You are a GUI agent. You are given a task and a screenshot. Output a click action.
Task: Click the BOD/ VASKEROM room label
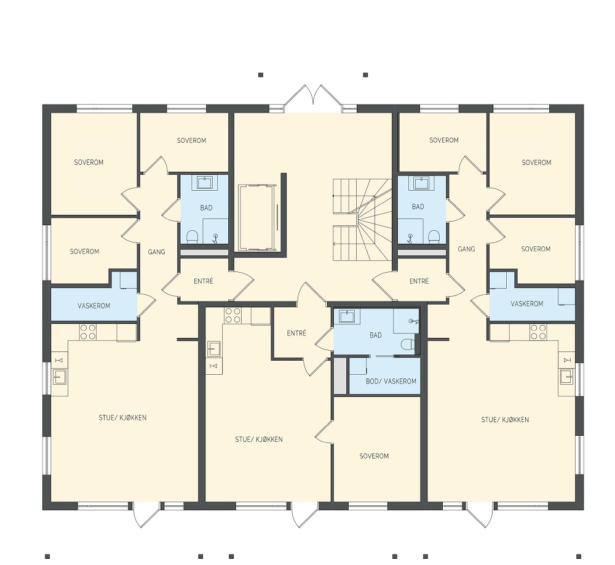pyautogui.click(x=391, y=381)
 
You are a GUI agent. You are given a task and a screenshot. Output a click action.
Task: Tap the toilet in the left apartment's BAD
pyautogui.click(x=192, y=237)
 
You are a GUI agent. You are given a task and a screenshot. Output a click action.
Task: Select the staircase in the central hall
pyautogui.click(x=362, y=220)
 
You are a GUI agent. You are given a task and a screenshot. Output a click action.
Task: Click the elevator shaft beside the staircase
pyautogui.click(x=256, y=217)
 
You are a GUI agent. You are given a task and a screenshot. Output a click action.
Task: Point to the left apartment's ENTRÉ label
pyautogui.click(x=203, y=281)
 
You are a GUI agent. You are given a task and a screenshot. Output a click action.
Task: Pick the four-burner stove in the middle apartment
pyautogui.click(x=232, y=315)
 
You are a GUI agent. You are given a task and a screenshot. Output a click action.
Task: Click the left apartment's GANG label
pyautogui.click(x=156, y=252)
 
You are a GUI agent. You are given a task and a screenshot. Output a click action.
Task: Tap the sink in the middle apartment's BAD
pyautogui.click(x=347, y=316)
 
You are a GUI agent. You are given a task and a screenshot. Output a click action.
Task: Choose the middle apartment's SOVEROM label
pyautogui.click(x=374, y=456)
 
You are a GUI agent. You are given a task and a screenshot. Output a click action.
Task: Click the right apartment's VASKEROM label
pyautogui.click(x=527, y=303)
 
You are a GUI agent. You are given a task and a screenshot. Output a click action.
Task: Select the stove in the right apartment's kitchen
pyautogui.click(x=538, y=332)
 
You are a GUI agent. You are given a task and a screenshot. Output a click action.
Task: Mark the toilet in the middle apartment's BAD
pyautogui.click(x=408, y=344)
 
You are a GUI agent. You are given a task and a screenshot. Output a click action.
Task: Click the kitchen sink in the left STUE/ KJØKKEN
pyautogui.click(x=60, y=377)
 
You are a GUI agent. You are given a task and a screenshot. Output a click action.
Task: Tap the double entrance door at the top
pyautogui.click(x=313, y=95)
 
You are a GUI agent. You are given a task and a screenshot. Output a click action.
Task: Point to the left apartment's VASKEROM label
pyautogui.click(x=93, y=305)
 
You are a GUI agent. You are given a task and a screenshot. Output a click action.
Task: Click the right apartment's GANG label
pyautogui.click(x=466, y=249)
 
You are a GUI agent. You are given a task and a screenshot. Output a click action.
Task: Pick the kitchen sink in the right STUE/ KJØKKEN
pyautogui.click(x=566, y=377)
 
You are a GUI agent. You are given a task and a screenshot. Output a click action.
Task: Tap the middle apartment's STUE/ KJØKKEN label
pyautogui.click(x=259, y=439)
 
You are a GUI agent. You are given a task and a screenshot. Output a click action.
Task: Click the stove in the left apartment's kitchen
pyautogui.click(x=88, y=332)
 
